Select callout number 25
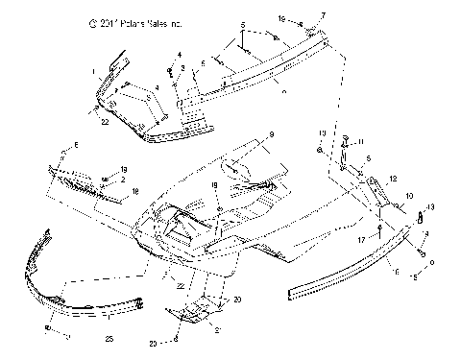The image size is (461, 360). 109,339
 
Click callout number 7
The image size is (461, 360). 323,16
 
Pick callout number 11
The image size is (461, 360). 361,142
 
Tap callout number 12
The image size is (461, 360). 393,179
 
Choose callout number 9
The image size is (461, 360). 272,133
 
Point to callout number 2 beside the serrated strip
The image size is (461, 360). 124,179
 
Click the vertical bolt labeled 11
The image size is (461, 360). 343,147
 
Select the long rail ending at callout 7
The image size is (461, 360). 259,72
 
